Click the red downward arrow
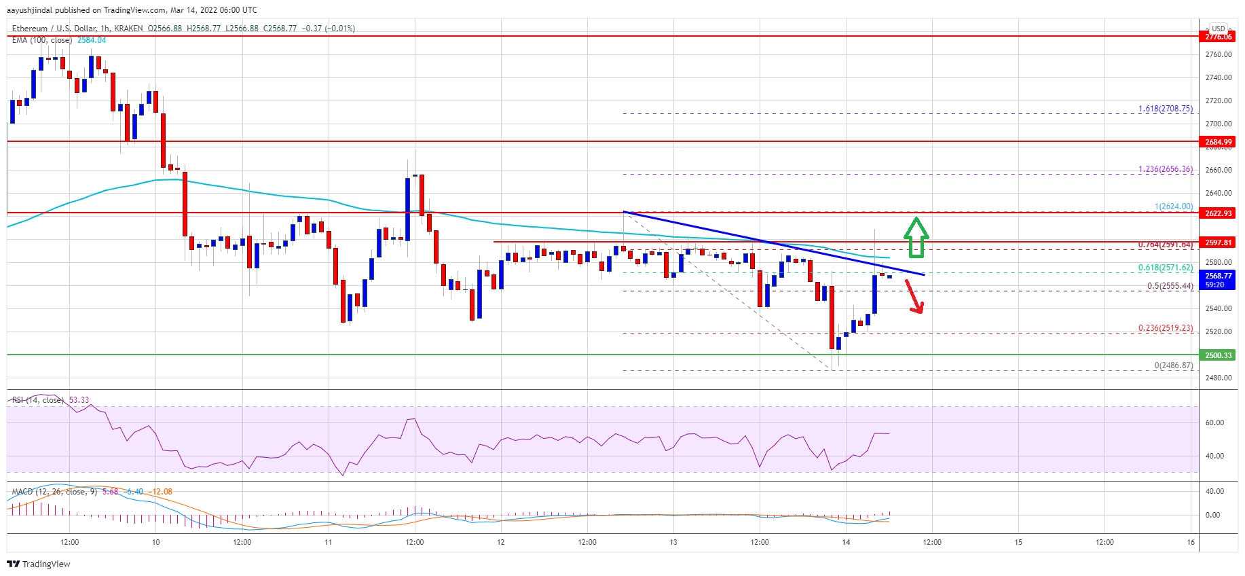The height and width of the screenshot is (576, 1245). pyautogui.click(x=914, y=297)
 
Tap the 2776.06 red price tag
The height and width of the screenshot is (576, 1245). pyautogui.click(x=1219, y=37)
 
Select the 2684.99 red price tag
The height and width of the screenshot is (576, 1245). pyautogui.click(x=1219, y=142)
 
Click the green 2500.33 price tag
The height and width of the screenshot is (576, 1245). pyautogui.click(x=1219, y=355)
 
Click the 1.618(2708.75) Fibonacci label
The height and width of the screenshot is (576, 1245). pyautogui.click(x=1165, y=109)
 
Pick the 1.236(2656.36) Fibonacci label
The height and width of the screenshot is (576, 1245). pyautogui.click(x=1165, y=169)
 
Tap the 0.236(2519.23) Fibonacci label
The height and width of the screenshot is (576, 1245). pyautogui.click(x=1165, y=328)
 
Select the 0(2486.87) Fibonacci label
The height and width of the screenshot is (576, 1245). pyautogui.click(x=1173, y=365)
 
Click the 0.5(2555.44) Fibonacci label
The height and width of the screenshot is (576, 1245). pyautogui.click(x=1170, y=286)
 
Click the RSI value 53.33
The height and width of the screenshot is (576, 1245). pyautogui.click(x=79, y=400)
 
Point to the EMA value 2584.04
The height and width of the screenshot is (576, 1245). pyautogui.click(x=92, y=40)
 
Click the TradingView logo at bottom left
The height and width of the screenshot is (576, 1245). pyautogui.click(x=39, y=564)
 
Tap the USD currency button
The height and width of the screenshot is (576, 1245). pyautogui.click(x=1219, y=29)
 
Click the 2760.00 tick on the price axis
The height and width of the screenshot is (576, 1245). pyautogui.click(x=1219, y=55)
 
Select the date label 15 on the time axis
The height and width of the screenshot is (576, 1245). pyautogui.click(x=1018, y=542)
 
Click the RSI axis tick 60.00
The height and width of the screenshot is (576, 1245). pyautogui.click(x=1214, y=422)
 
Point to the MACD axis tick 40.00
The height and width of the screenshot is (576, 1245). pyautogui.click(x=1214, y=491)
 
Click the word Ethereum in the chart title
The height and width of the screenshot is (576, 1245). pyautogui.click(x=30, y=29)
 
